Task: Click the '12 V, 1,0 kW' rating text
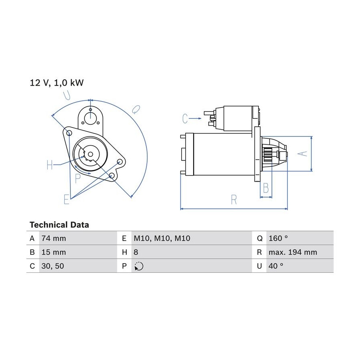[56, 83]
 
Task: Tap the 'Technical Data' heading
[59, 225]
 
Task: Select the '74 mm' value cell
[54, 238]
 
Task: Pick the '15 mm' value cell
[54, 252]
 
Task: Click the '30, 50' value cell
[52, 266]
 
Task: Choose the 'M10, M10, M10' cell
[162, 238]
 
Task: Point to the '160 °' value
[278, 238]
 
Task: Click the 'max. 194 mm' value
[293, 252]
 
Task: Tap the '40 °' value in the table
[276, 266]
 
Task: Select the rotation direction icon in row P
[139, 266]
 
